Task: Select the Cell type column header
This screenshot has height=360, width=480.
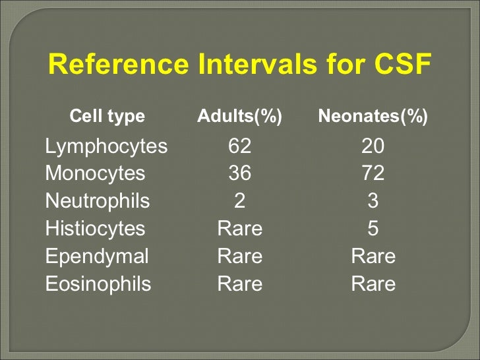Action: click(107, 117)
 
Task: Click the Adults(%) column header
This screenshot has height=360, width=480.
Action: click(239, 117)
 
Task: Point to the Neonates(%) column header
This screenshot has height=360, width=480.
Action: click(373, 117)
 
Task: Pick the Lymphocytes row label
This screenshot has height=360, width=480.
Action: click(106, 146)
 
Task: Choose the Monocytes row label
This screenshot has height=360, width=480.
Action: click(95, 173)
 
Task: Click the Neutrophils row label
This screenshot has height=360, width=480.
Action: click(98, 201)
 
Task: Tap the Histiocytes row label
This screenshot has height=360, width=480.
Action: click(95, 229)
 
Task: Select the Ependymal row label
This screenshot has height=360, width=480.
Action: click(97, 256)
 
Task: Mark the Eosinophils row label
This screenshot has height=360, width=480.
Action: click(98, 284)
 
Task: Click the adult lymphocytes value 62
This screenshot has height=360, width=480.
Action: click(239, 146)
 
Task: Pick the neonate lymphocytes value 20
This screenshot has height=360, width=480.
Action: click(373, 146)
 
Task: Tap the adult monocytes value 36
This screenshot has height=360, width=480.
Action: click(239, 173)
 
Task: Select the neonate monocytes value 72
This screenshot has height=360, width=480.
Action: click(373, 173)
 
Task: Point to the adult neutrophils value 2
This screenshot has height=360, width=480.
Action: click(240, 201)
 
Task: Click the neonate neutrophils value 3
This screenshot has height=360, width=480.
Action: click(373, 201)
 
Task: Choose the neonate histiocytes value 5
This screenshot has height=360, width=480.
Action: click(373, 229)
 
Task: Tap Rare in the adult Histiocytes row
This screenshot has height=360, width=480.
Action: click(240, 229)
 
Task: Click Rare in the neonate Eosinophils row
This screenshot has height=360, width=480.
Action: click(373, 284)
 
